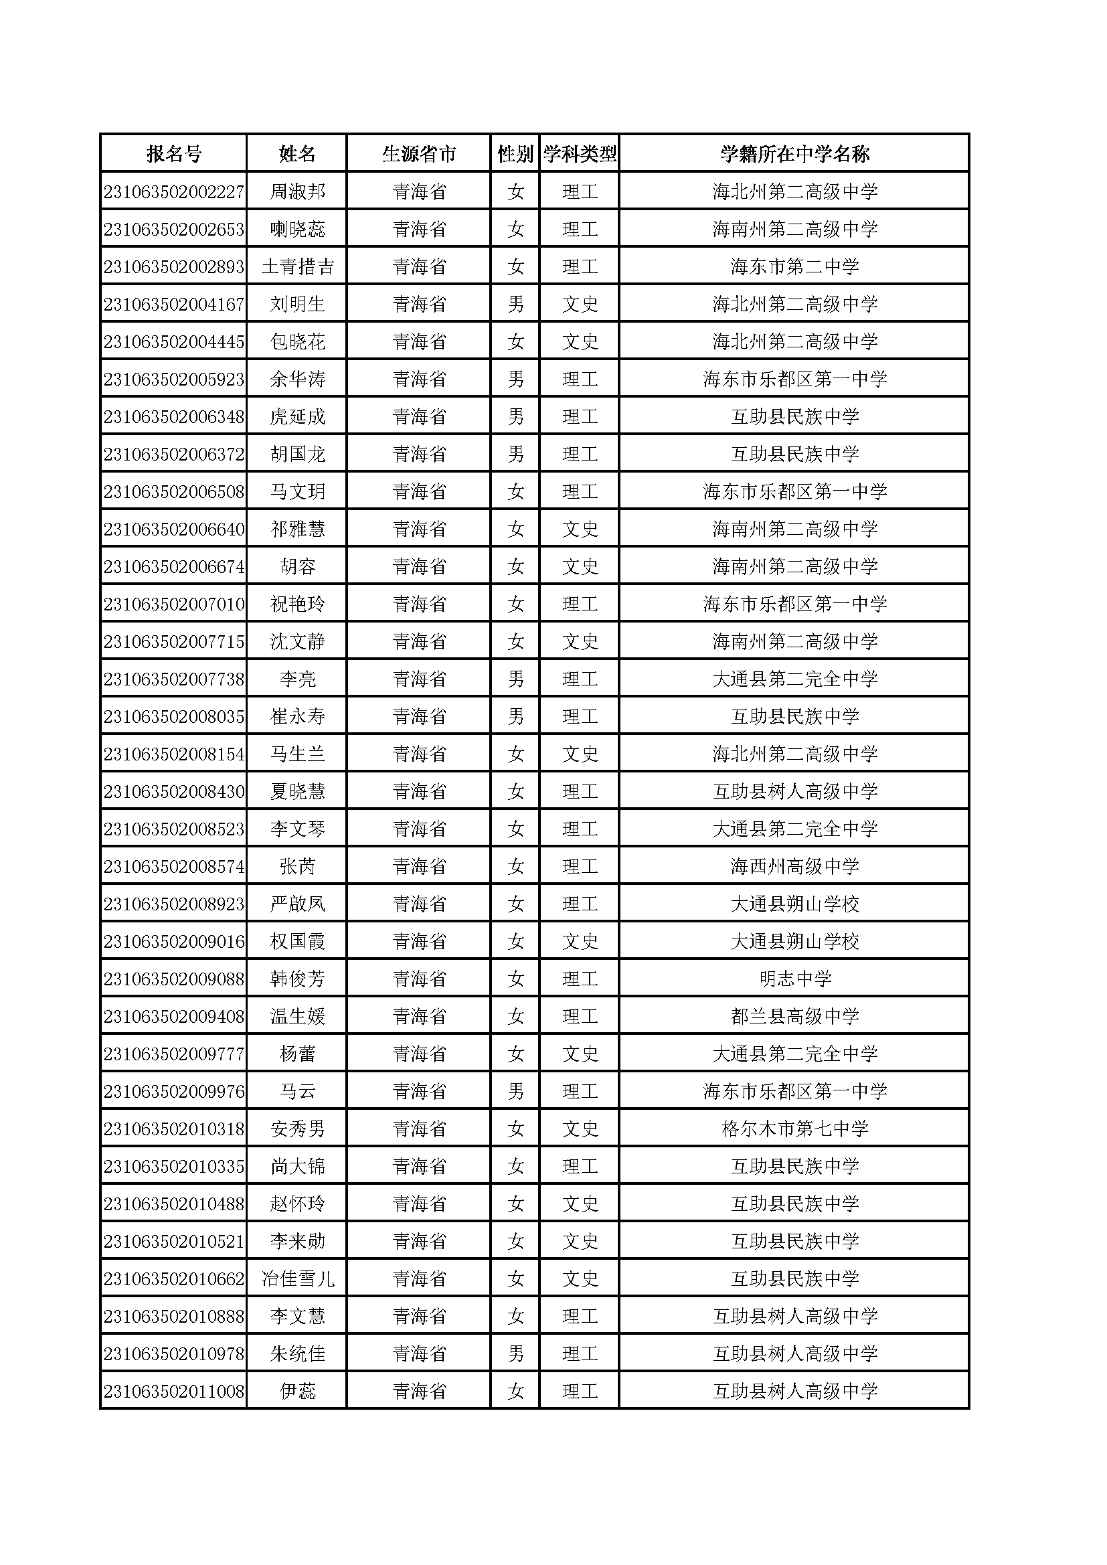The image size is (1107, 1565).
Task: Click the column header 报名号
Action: pyautogui.click(x=174, y=154)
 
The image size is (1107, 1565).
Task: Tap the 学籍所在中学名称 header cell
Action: pyautogui.click(x=794, y=154)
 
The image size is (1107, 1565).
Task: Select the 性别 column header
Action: pyautogui.click(x=515, y=154)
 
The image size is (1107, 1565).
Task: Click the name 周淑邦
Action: pyautogui.click(x=297, y=191)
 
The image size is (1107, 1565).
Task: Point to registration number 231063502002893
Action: pyautogui.click(x=174, y=266)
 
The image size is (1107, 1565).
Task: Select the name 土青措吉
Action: pyautogui.click(x=297, y=266)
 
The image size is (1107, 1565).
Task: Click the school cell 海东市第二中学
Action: pyautogui.click(x=794, y=266)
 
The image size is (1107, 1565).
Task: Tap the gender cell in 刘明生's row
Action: pyautogui.click(x=515, y=304)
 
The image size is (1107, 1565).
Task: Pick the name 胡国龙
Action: pyautogui.click(x=297, y=454)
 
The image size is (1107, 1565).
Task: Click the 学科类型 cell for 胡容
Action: pyautogui.click(x=580, y=566)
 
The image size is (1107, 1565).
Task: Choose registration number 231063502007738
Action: pyautogui.click(x=174, y=679)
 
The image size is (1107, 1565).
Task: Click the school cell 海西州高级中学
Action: pyautogui.click(x=794, y=866)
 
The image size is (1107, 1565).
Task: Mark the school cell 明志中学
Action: pyautogui.click(x=794, y=979)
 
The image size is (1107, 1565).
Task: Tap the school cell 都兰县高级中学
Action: pyautogui.click(x=794, y=1016)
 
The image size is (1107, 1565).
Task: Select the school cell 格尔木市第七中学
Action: pyautogui.click(x=794, y=1129)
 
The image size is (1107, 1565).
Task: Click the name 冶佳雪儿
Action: pyautogui.click(x=297, y=1279)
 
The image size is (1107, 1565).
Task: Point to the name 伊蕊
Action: pyautogui.click(x=297, y=1391)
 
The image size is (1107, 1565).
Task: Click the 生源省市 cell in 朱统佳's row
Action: pyautogui.click(x=418, y=1353)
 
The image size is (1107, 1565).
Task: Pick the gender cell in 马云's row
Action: pyautogui.click(x=515, y=1091)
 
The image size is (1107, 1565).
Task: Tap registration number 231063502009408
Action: pyautogui.click(x=174, y=1016)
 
